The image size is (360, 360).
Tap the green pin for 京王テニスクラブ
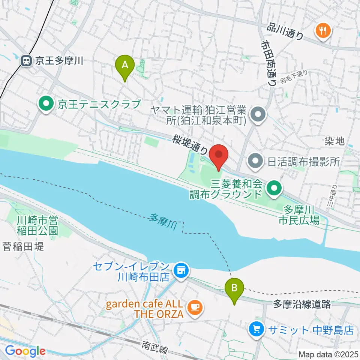pos(46,104)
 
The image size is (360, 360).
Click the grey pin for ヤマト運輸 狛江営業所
pos(258,114)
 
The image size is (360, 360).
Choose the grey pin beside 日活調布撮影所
pos(255,162)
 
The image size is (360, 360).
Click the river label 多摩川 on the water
pos(162,221)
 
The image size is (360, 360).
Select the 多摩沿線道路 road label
pos(302,304)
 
